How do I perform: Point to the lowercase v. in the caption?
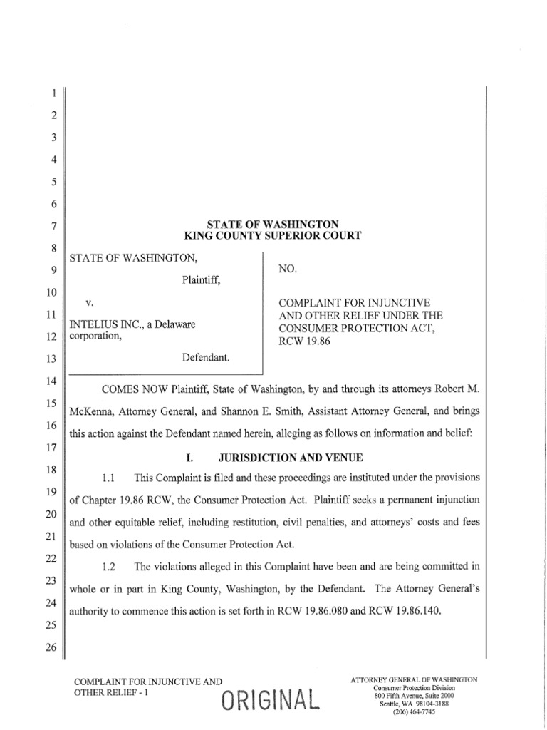(x=90, y=303)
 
